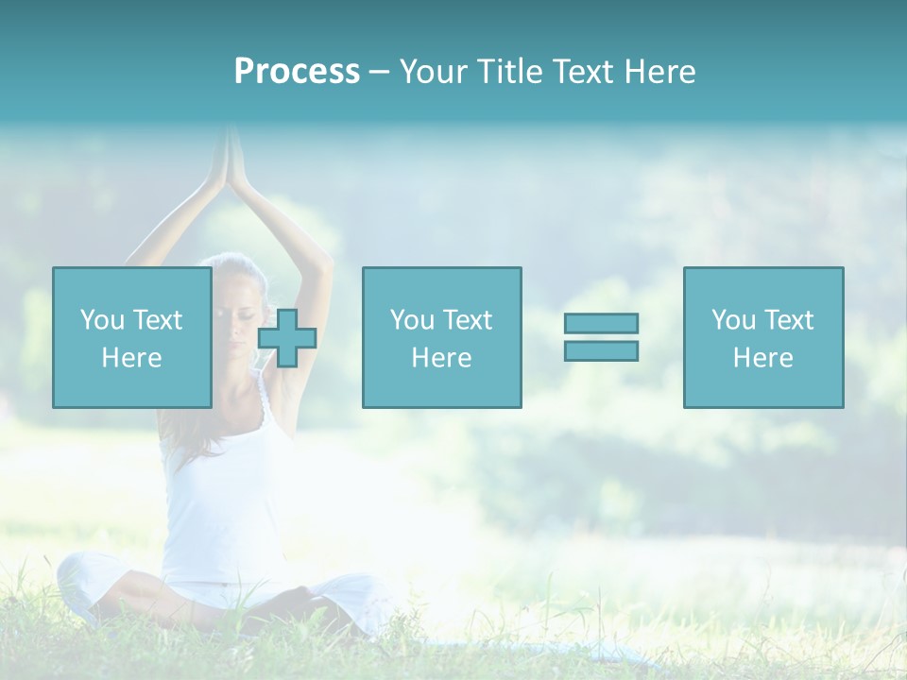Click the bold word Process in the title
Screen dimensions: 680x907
point(297,72)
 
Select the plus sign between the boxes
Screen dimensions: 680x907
point(287,337)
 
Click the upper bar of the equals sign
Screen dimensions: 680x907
point(601,323)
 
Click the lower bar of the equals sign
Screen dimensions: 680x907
point(601,351)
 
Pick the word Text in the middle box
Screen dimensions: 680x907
point(468,320)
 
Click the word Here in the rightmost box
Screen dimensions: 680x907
point(763,358)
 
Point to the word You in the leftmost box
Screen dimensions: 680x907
point(102,320)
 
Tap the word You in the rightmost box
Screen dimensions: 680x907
point(733,320)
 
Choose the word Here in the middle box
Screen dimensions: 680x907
point(442,358)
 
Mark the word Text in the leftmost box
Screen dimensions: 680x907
point(157,320)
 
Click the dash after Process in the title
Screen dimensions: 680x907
point(379,72)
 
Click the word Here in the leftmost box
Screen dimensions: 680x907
point(132,358)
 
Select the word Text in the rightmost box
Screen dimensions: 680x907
point(789,320)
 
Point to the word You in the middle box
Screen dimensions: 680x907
point(412,320)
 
